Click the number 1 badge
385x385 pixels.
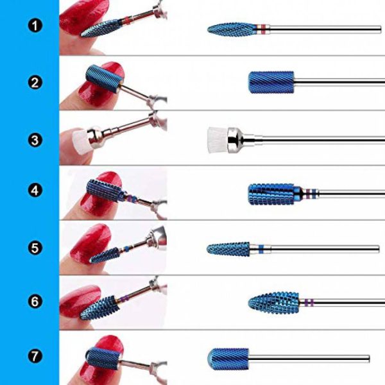tap(35, 26)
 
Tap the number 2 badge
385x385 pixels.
tap(35, 82)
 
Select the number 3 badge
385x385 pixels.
tap(35, 140)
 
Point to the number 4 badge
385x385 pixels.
tap(35, 191)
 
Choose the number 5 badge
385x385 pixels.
tap(35, 248)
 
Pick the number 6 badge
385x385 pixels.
tap(35, 302)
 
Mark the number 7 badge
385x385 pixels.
tap(35, 356)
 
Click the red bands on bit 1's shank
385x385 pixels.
tap(262, 30)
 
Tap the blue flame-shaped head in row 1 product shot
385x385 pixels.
tap(232, 30)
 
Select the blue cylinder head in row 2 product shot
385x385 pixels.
tap(271, 83)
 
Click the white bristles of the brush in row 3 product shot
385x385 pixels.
tap(218, 140)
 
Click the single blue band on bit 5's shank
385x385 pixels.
tap(261, 249)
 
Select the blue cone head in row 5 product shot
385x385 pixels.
tap(228, 249)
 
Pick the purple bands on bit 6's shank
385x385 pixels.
tap(309, 302)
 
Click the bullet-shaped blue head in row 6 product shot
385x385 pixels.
tap(274, 303)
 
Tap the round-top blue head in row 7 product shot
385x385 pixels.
tap(228, 359)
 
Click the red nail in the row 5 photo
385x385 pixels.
tap(90, 244)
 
